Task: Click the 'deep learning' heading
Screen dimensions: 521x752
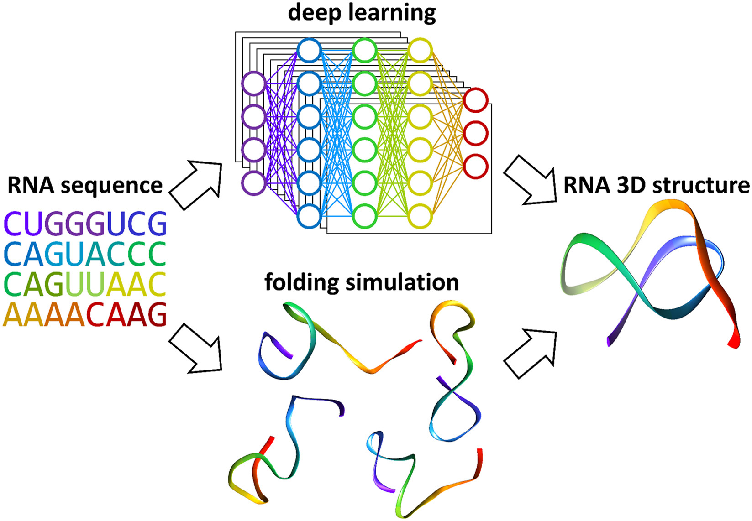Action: tap(362, 13)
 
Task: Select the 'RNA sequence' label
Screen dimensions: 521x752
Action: tap(85, 186)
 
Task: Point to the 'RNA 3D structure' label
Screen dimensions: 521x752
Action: tap(656, 186)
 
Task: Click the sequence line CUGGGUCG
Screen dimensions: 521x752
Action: tap(85, 224)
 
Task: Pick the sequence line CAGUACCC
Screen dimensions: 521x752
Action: tap(85, 254)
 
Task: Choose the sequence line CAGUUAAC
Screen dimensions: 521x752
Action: tap(85, 284)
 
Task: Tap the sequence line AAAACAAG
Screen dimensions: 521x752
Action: tap(85, 315)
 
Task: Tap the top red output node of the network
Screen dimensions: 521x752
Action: tap(476, 100)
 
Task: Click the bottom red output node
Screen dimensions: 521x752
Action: tap(476, 166)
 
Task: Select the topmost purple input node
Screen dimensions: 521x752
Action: tap(253, 84)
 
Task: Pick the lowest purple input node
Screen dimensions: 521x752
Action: tap(253, 183)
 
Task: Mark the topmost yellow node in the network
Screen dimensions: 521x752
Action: tap(420, 51)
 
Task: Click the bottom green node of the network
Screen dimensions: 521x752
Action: tap(365, 216)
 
